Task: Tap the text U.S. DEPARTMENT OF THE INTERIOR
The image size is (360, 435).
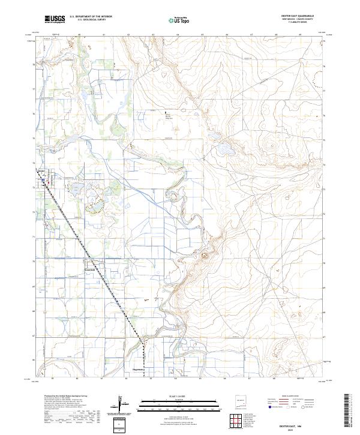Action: (92, 17)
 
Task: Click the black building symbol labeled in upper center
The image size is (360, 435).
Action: (167, 112)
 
